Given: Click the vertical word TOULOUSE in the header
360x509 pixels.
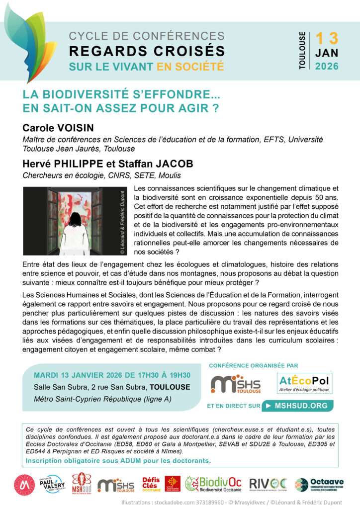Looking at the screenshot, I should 302,51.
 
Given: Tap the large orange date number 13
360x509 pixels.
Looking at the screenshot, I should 326,38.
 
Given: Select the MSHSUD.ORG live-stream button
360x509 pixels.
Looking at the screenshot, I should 297,406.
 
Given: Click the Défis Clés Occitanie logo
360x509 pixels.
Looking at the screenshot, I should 151,484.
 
